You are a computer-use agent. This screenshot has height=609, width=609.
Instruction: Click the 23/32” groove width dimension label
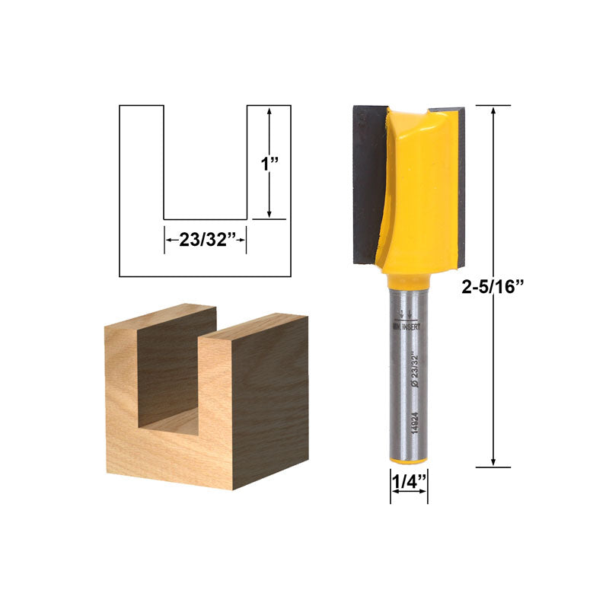point(205,239)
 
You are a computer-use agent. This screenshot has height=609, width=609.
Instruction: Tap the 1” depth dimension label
point(270,164)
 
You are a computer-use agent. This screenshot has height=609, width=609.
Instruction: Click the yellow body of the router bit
point(422,190)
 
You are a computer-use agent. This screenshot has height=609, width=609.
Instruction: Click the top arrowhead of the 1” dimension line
point(269,111)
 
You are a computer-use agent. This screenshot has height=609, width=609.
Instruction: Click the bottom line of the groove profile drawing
point(206,219)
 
